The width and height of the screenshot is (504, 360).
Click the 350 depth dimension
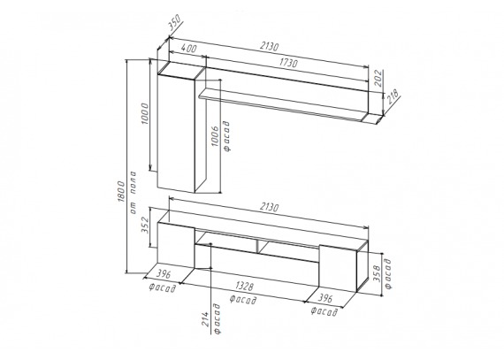(x=175, y=22)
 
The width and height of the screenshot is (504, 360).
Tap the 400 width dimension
(x=188, y=49)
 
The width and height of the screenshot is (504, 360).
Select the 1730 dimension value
(x=287, y=63)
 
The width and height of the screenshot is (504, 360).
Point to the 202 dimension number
(x=378, y=78)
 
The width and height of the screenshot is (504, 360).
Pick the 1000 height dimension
(x=145, y=114)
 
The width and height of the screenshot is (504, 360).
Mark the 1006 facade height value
(x=215, y=136)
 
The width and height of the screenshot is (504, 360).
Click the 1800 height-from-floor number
(x=121, y=191)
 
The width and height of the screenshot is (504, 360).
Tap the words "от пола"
(x=133, y=193)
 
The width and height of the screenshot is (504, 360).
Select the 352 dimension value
(x=145, y=225)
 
